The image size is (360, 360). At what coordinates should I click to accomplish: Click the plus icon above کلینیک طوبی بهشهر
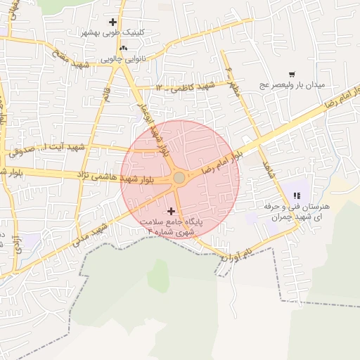[112, 22]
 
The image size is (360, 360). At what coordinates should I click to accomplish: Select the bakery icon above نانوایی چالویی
[124, 48]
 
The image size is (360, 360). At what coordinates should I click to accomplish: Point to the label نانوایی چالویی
[124, 59]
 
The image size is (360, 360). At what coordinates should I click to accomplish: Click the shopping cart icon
[292, 74]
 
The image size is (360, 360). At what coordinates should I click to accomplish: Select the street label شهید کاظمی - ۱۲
[185, 86]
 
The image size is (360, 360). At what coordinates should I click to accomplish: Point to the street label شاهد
[266, 169]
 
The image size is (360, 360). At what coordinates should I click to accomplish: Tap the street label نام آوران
[236, 255]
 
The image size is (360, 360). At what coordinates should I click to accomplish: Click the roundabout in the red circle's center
[179, 178]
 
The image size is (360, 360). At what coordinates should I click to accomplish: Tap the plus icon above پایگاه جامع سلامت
[171, 210]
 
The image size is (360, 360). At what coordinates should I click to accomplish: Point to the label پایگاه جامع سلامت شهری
[171, 226]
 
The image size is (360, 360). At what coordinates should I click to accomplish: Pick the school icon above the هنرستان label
[296, 195]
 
